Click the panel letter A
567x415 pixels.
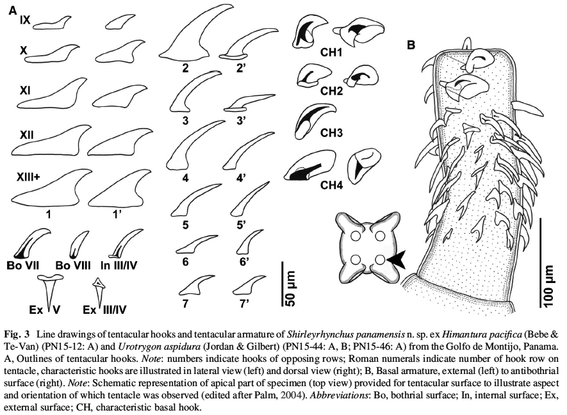click(x=13, y=10)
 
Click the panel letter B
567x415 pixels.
click(x=411, y=45)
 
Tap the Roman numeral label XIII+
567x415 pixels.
click(x=28, y=177)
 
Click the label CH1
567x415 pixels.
click(x=331, y=53)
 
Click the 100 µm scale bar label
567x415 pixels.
click(x=548, y=286)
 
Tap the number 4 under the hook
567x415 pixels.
click(x=186, y=177)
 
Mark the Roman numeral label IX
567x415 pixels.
click(x=25, y=21)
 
